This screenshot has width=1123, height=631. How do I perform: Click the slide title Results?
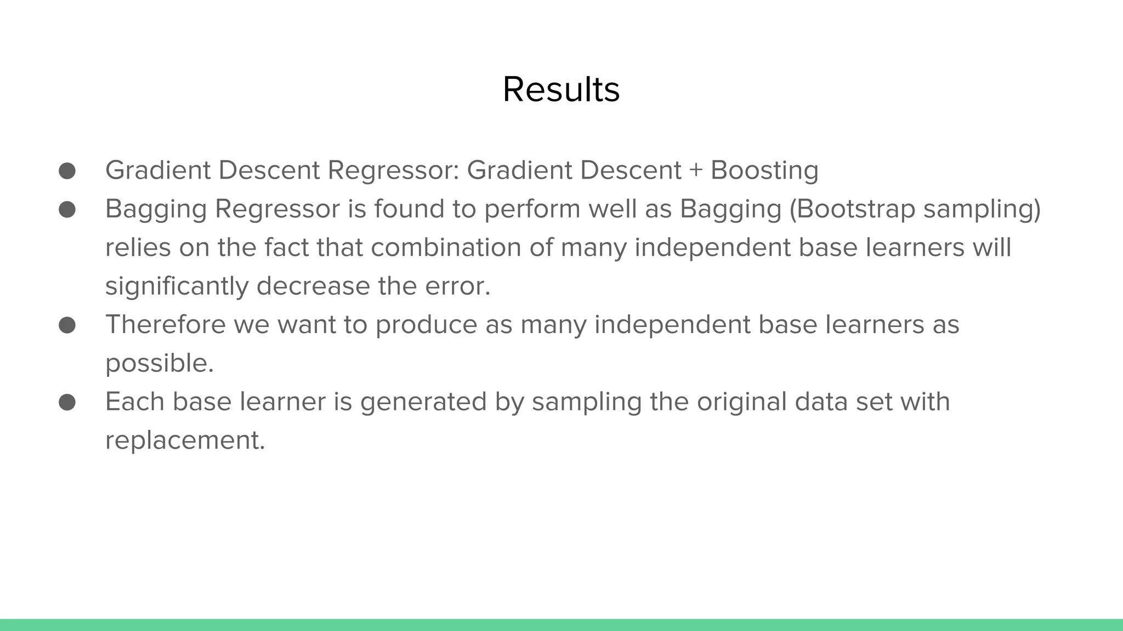coord(561,89)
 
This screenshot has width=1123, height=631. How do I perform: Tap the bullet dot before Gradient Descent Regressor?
coord(67,170)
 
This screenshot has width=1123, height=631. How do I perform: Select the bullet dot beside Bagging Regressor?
coord(67,209)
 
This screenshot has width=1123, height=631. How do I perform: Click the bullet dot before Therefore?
coord(67,325)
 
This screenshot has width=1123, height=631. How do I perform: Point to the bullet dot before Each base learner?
coord(67,402)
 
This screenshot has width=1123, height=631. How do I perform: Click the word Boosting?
coord(764,170)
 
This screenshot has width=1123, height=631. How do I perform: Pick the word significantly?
coord(177,286)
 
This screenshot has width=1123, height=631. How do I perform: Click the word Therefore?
coord(166,325)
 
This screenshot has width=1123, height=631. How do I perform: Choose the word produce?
coord(426,325)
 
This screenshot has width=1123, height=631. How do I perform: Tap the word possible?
coord(159,364)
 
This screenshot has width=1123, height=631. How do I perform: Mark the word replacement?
coord(185,440)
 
